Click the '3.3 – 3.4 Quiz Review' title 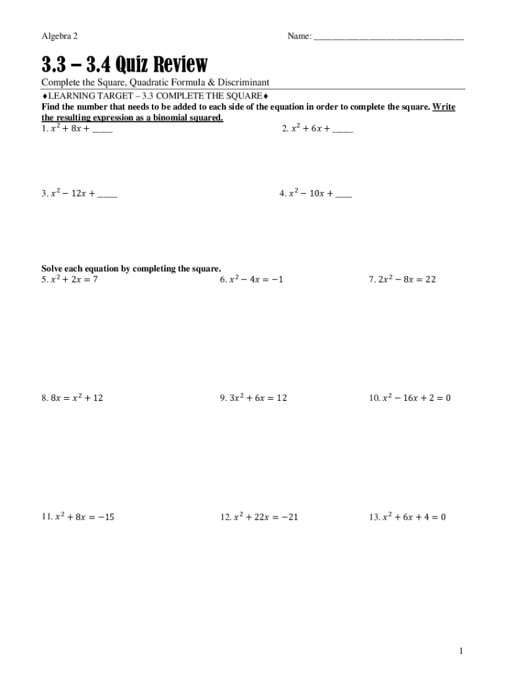click(x=124, y=64)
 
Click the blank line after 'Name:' click(x=389, y=37)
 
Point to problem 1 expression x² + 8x click(x=66, y=129)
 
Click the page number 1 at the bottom click(x=461, y=651)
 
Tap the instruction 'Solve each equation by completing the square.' click(x=131, y=268)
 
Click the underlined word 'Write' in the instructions click(x=444, y=107)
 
